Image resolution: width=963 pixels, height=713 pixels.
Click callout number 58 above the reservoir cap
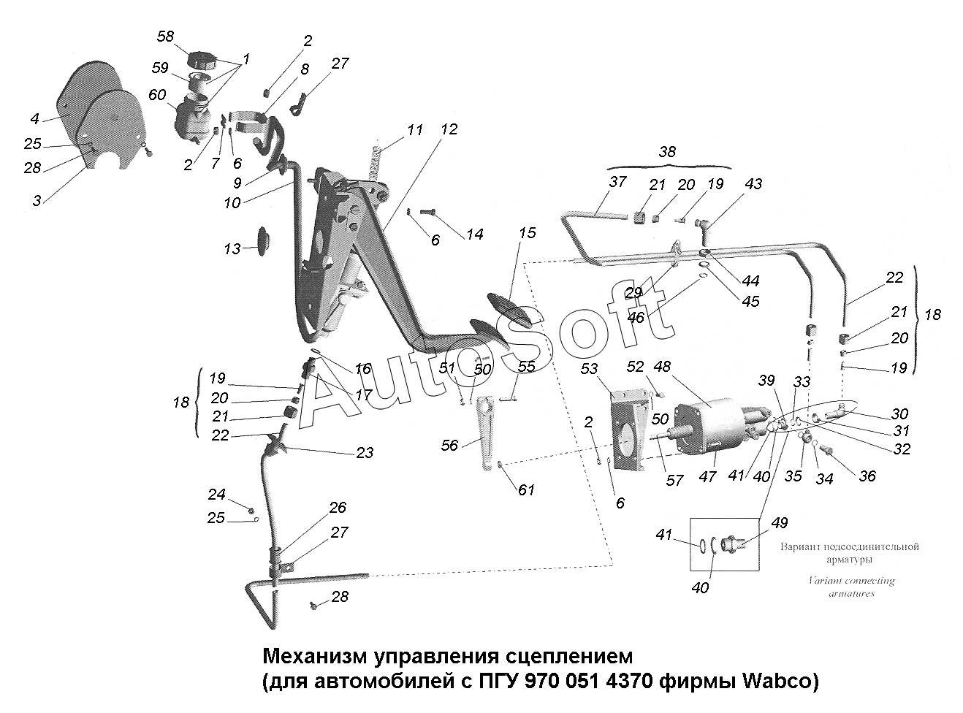166,37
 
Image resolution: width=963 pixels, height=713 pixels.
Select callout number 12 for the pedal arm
449,129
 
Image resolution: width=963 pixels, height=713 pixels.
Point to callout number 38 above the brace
667,152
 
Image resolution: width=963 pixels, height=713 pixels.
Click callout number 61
526,489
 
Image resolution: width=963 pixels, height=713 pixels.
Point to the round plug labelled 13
264,240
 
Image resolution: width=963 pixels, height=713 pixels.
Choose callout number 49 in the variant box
780,522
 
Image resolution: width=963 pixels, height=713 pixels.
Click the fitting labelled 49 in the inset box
731,545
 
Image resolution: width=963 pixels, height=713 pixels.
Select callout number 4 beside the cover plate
34,119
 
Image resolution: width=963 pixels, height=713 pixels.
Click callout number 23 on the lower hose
364,453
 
